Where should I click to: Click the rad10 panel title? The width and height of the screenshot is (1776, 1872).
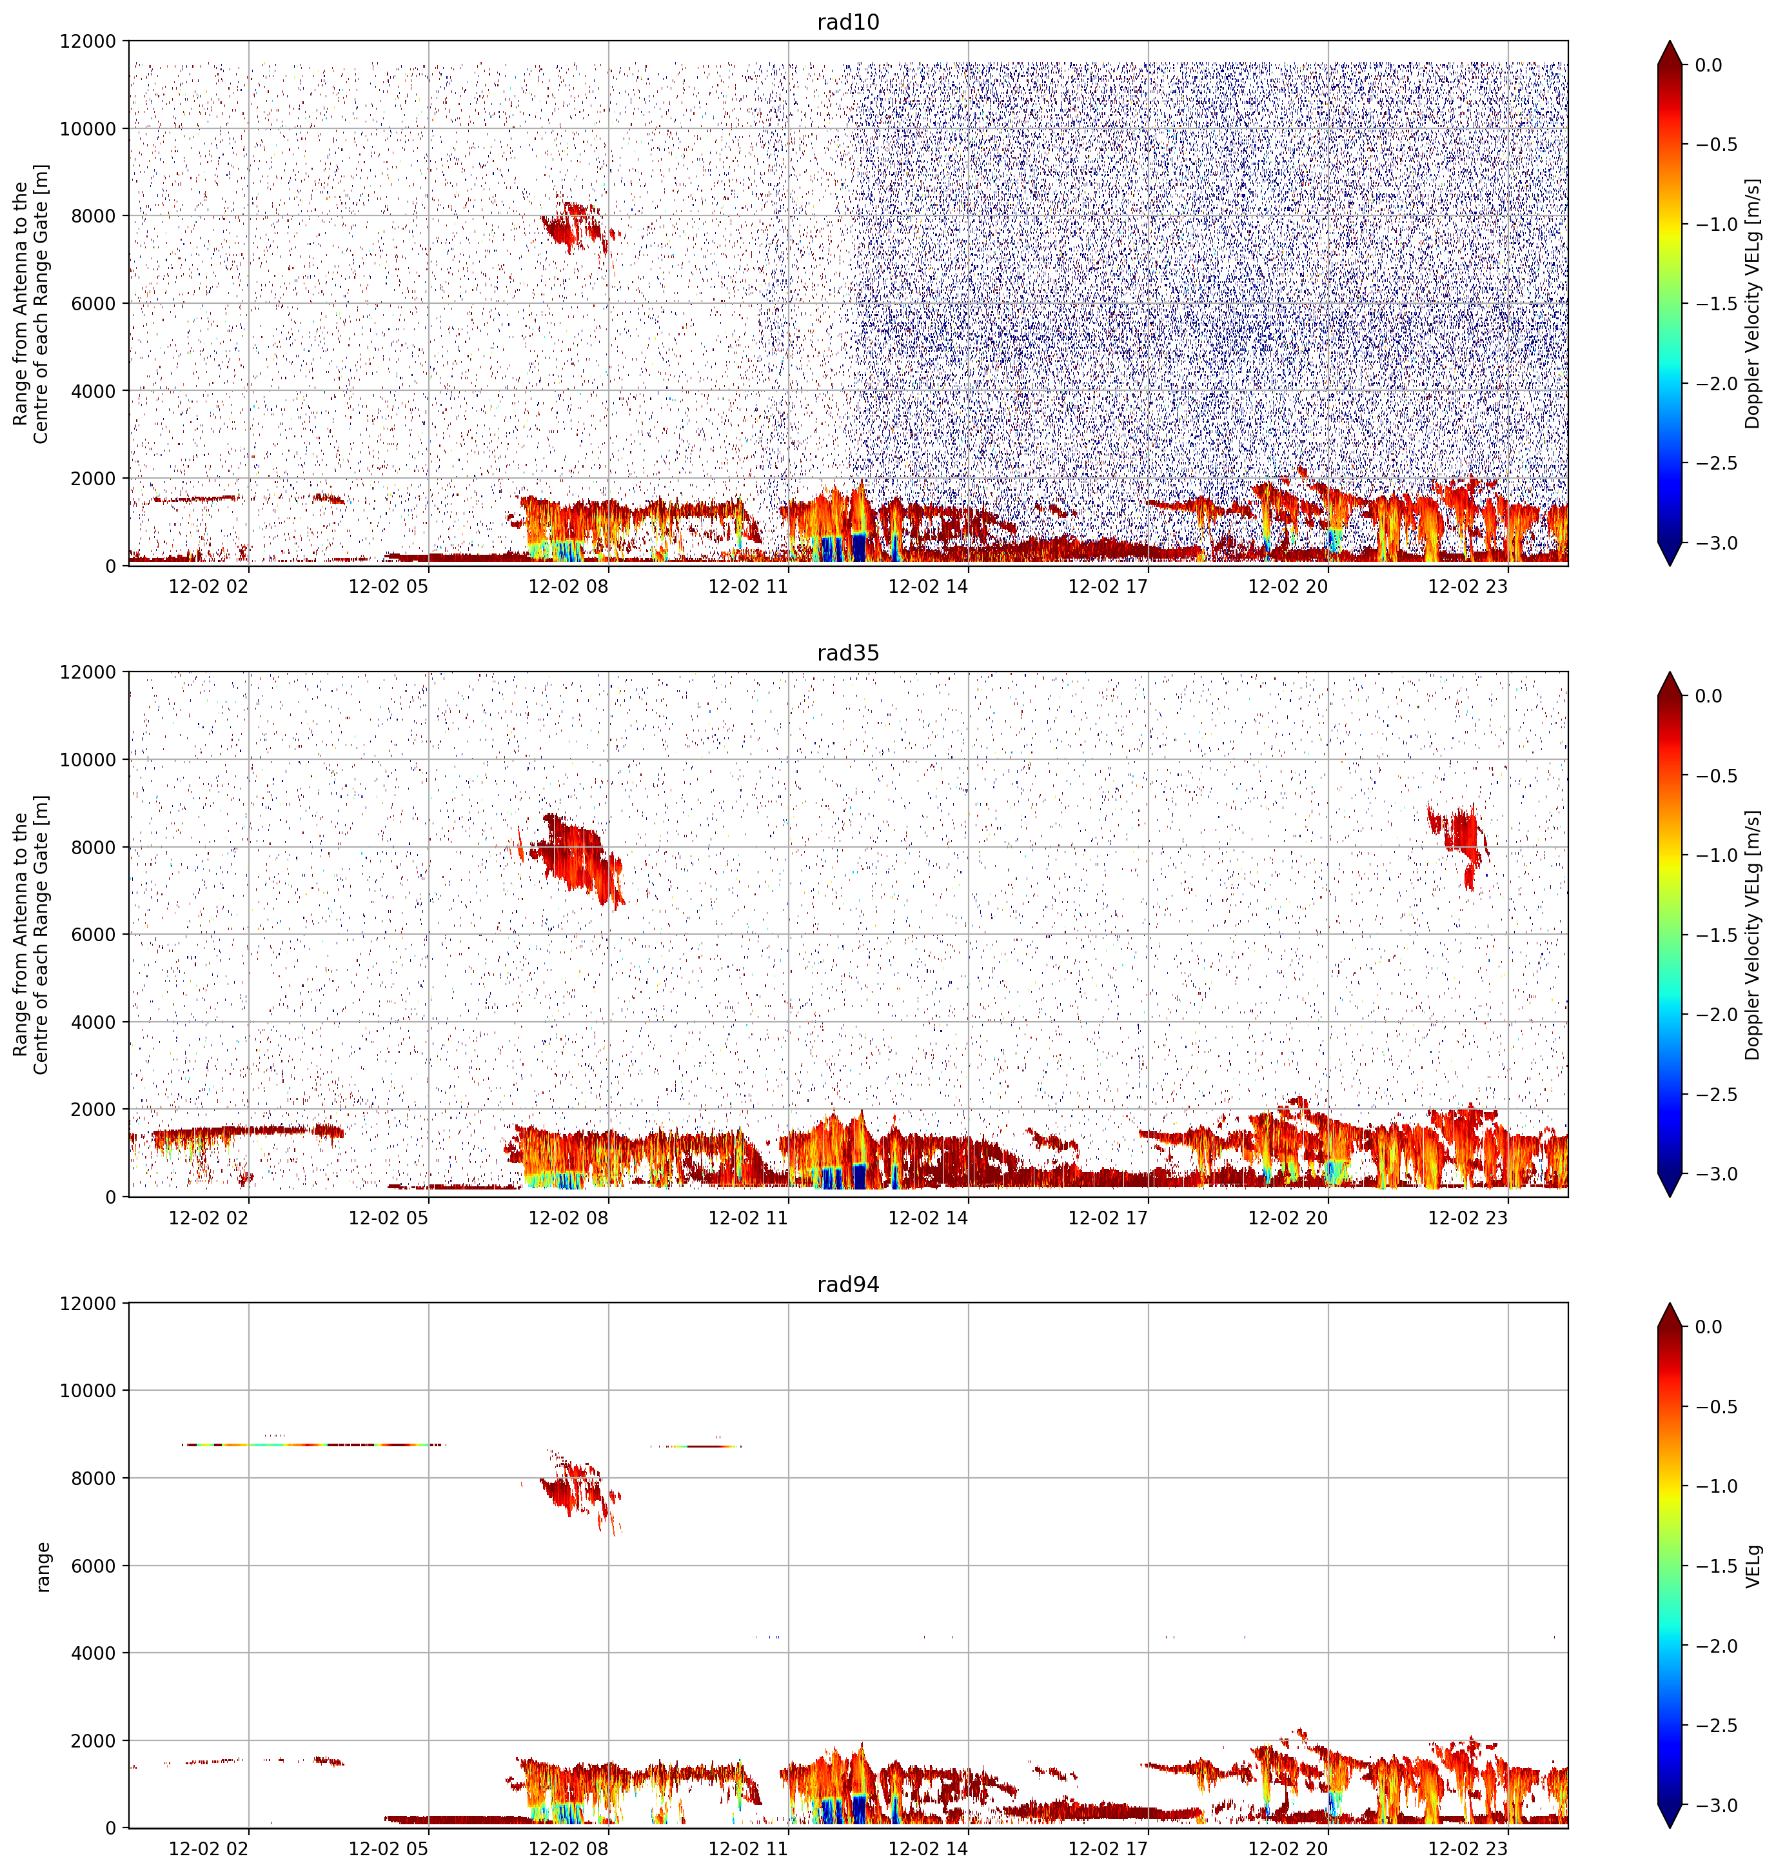coord(847,23)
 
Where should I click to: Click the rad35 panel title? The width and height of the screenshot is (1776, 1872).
coord(847,653)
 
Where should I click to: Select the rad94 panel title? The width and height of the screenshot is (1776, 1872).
coord(847,1285)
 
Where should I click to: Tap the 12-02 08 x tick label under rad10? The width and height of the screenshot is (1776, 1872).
coord(568,586)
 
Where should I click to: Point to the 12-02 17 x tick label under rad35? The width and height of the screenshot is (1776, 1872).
coord(1108,1218)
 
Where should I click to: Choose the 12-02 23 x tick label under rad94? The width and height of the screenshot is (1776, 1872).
coord(1467,1848)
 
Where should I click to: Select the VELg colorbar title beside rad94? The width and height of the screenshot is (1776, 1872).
coord(1753,1565)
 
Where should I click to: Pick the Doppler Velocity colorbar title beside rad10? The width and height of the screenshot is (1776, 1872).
coord(1753,303)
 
